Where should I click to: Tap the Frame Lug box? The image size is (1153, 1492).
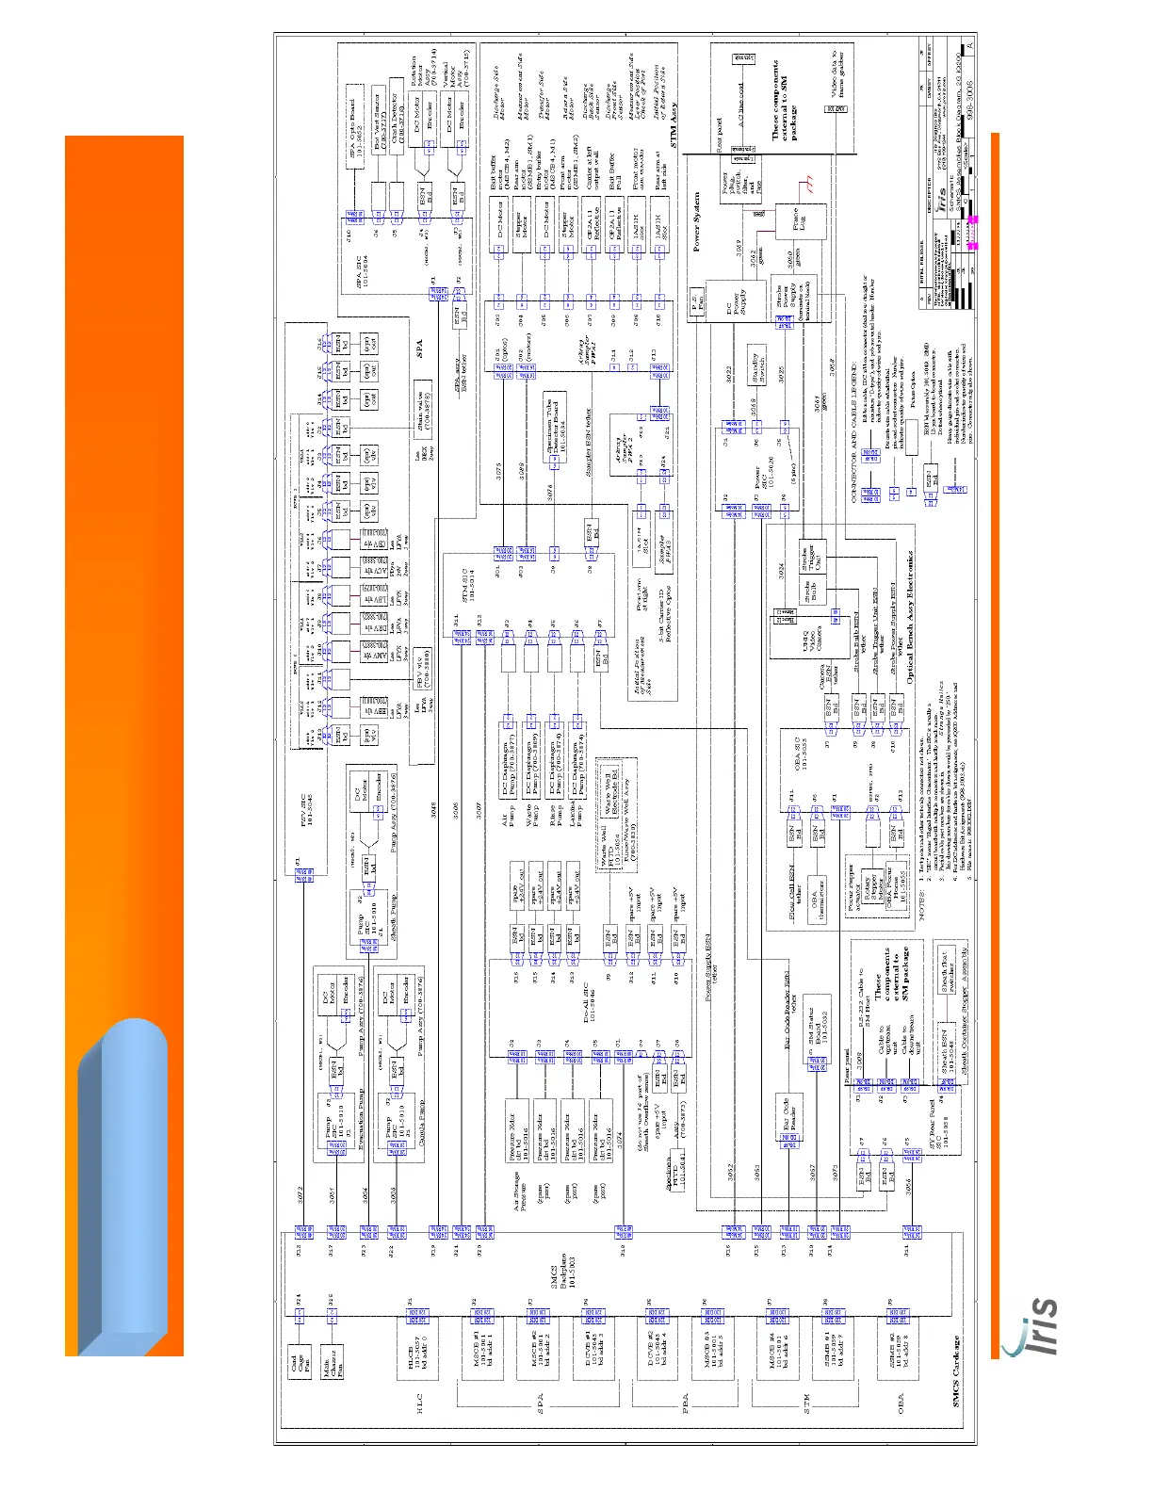coord(801,222)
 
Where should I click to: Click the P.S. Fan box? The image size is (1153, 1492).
coord(696,305)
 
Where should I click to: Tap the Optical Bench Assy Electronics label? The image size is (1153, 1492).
coord(910,617)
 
